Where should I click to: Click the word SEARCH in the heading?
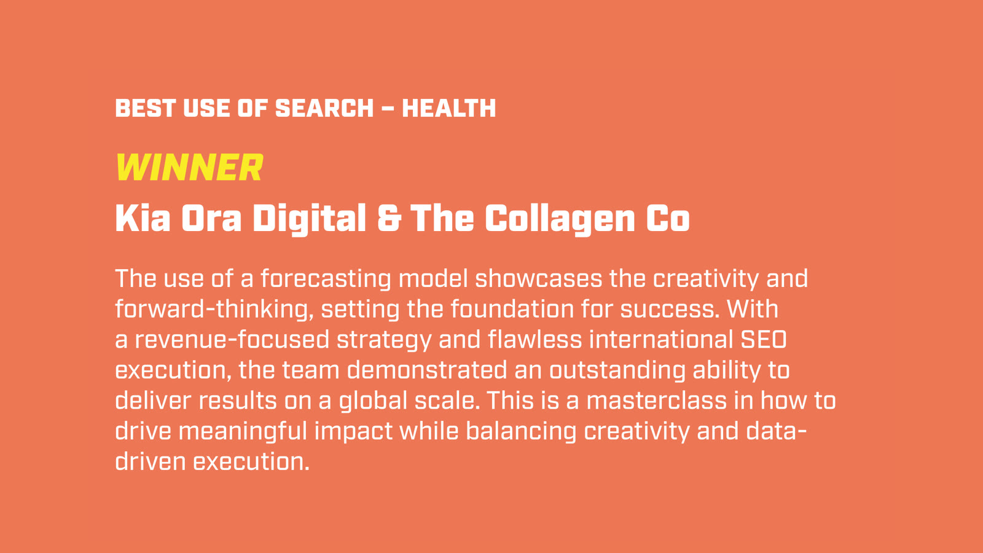(x=324, y=108)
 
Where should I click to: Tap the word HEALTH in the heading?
(x=449, y=108)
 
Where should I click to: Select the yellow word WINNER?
(x=190, y=167)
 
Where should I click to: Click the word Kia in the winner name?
(x=143, y=218)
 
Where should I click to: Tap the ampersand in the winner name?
(x=390, y=218)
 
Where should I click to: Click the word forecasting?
(x=326, y=280)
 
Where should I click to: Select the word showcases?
(x=538, y=279)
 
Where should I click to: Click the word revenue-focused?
(x=232, y=340)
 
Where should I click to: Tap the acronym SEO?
(x=764, y=340)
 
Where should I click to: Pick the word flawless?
(x=535, y=340)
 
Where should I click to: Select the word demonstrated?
(x=427, y=370)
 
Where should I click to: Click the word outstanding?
(x=617, y=371)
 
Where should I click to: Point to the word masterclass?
(x=657, y=401)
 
